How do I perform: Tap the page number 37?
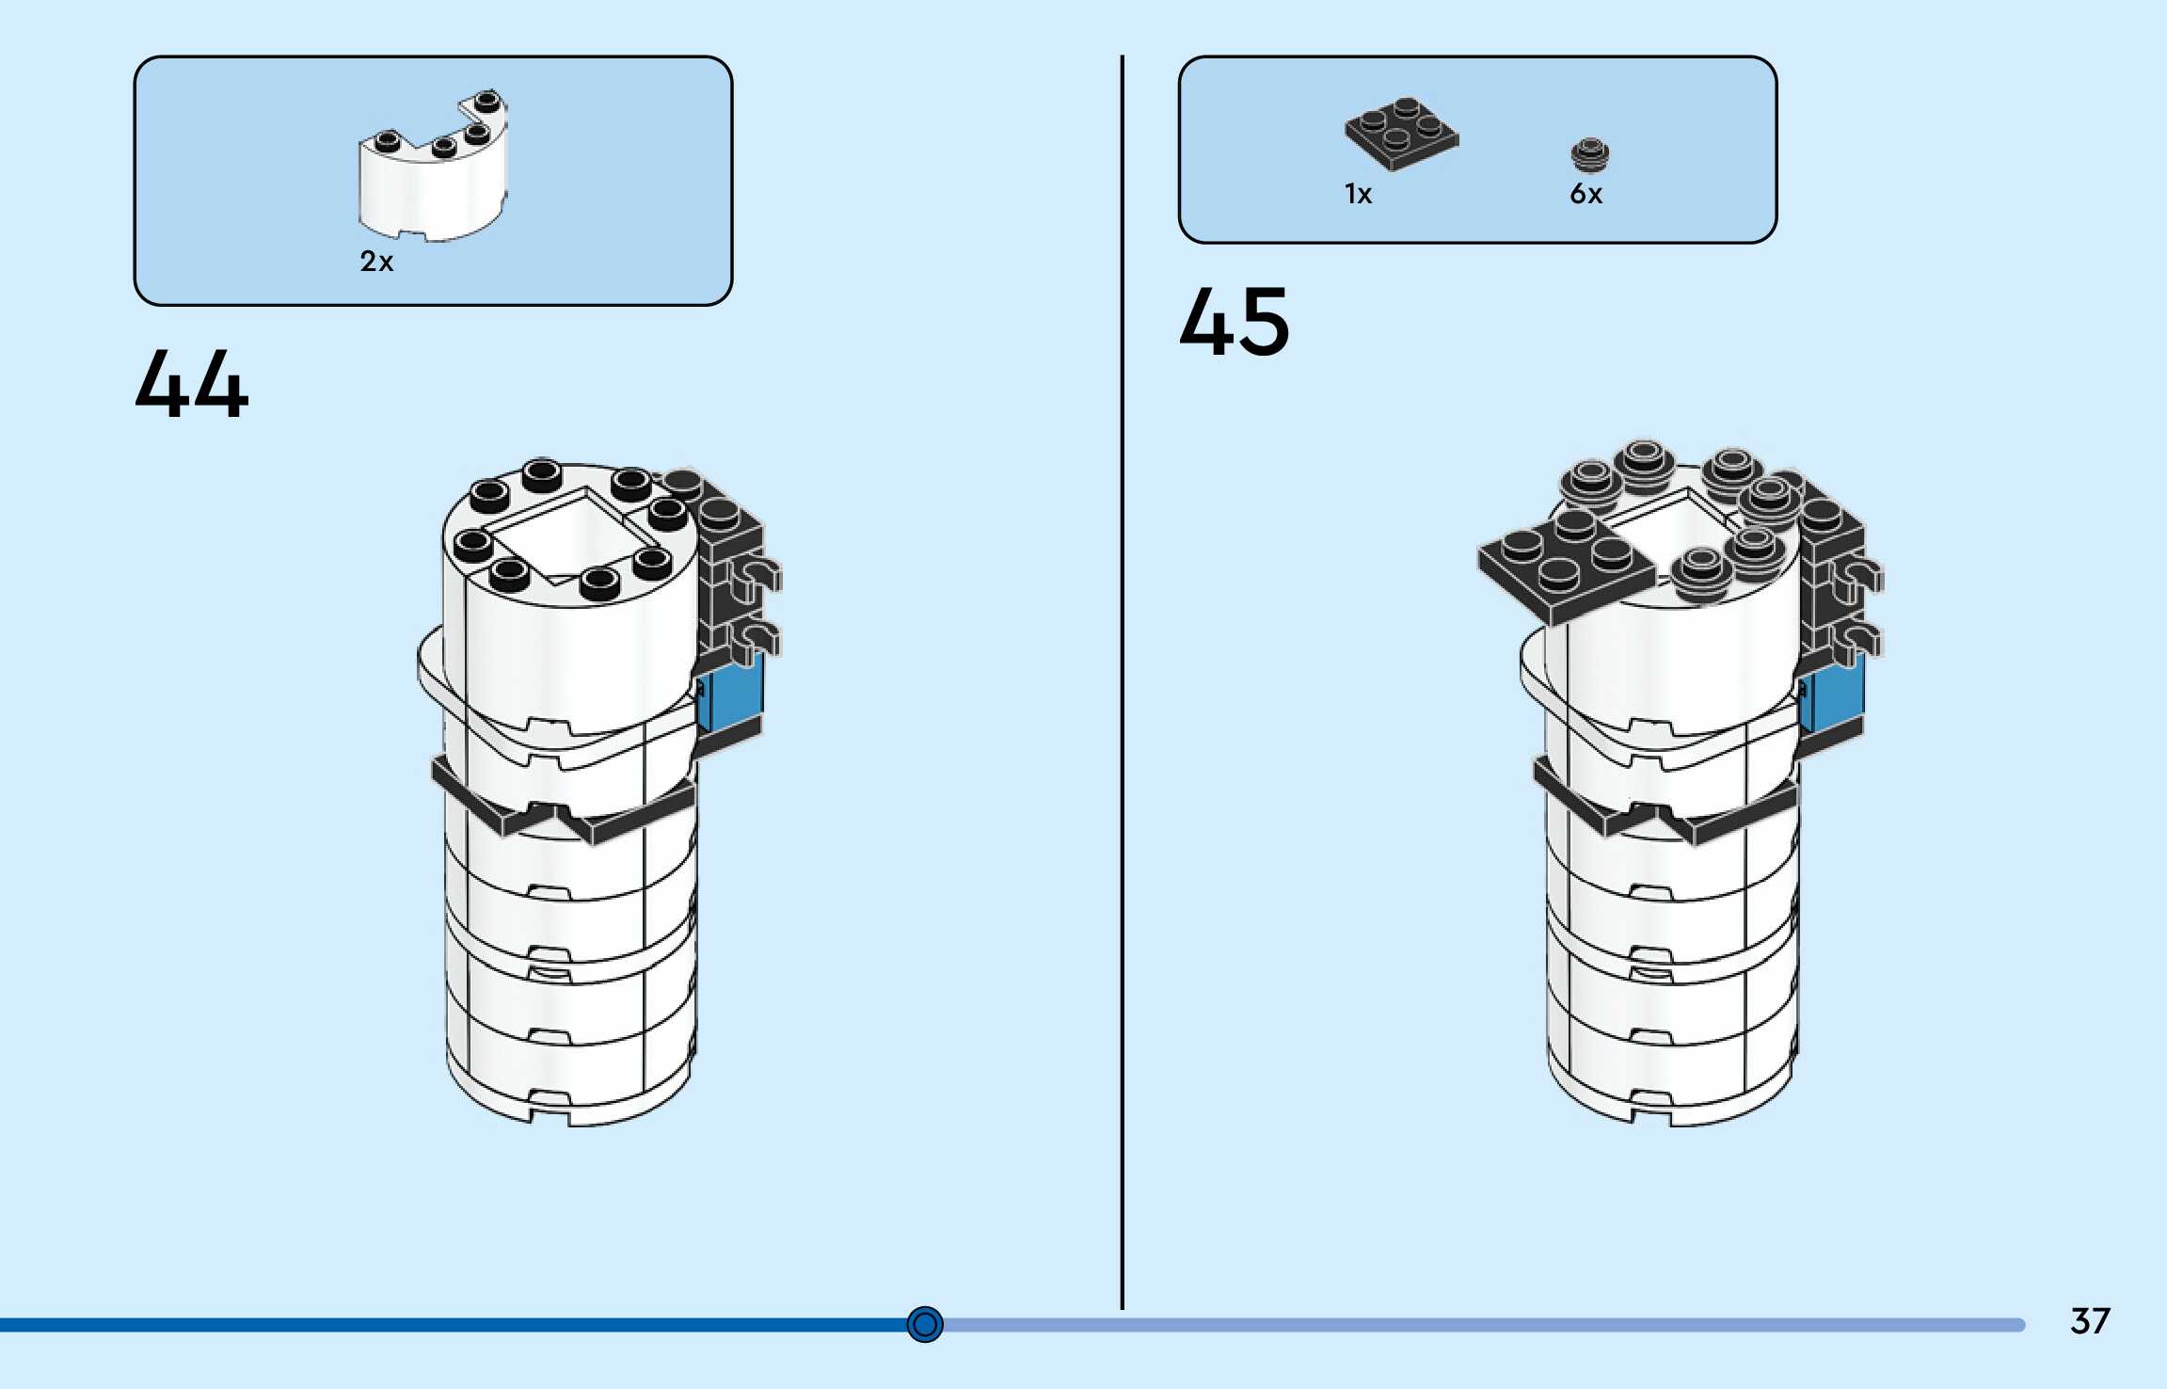(2090, 1320)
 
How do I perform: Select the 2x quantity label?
(376, 261)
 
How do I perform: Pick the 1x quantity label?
(1358, 194)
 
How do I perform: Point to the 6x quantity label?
(1585, 194)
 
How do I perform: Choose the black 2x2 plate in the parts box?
(1401, 134)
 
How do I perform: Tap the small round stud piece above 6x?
(1590, 155)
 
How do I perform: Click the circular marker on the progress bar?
(925, 1324)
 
